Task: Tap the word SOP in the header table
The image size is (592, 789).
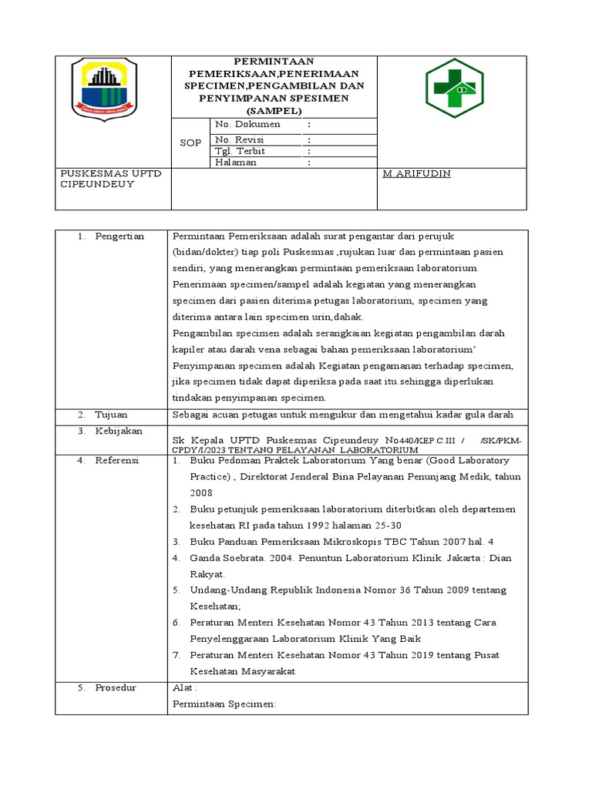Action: tap(190, 143)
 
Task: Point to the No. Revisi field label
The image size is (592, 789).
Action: tap(239, 139)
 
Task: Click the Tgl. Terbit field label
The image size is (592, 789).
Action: tap(240, 151)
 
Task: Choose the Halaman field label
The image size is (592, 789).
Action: tap(236, 163)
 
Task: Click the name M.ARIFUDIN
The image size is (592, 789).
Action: tap(416, 174)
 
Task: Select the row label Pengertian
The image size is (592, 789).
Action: tap(119, 236)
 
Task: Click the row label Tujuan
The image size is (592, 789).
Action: tap(111, 415)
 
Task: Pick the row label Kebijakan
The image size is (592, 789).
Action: tap(119, 431)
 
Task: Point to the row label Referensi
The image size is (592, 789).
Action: tap(116, 460)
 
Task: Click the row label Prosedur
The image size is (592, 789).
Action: tap(116, 687)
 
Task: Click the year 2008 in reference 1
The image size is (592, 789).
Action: tap(201, 493)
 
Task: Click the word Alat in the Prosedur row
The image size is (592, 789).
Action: tap(183, 687)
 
